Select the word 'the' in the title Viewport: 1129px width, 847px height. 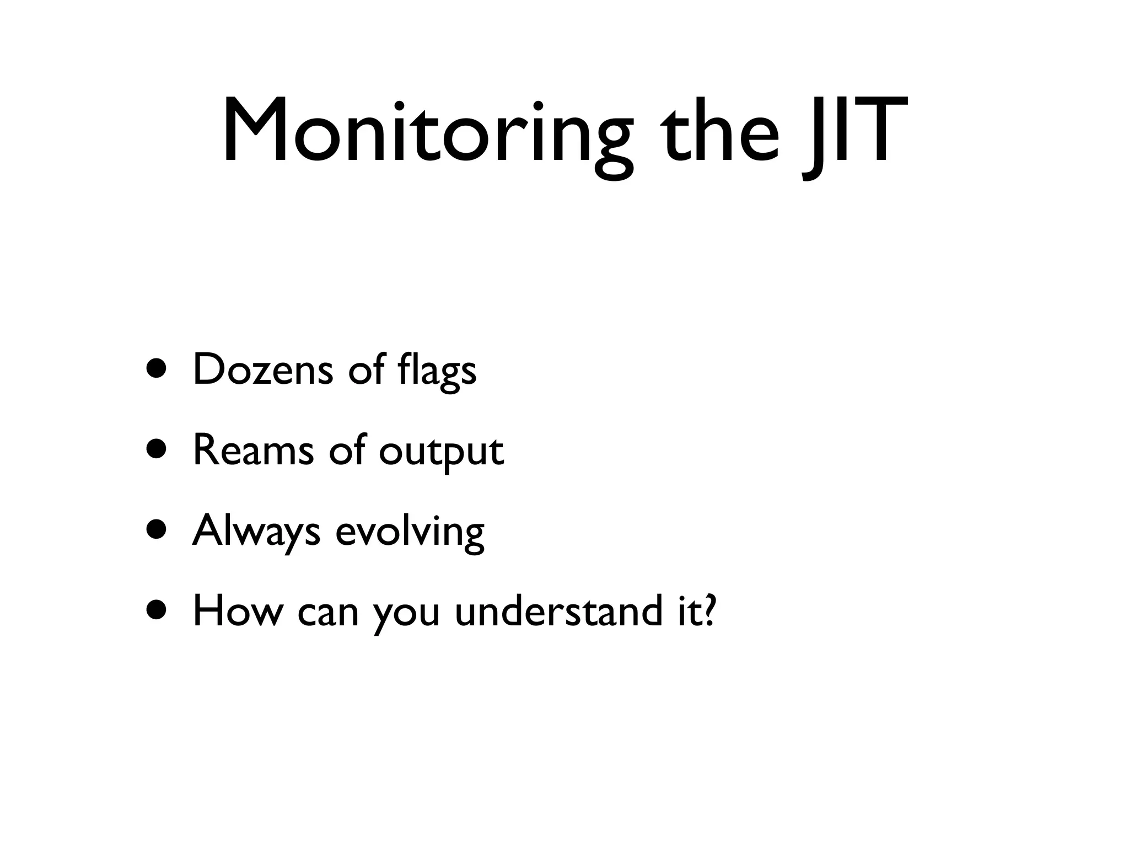[722, 132]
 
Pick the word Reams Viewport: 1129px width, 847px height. [254, 450]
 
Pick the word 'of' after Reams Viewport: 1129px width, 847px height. [347, 449]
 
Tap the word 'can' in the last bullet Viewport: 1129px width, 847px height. [328, 612]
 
